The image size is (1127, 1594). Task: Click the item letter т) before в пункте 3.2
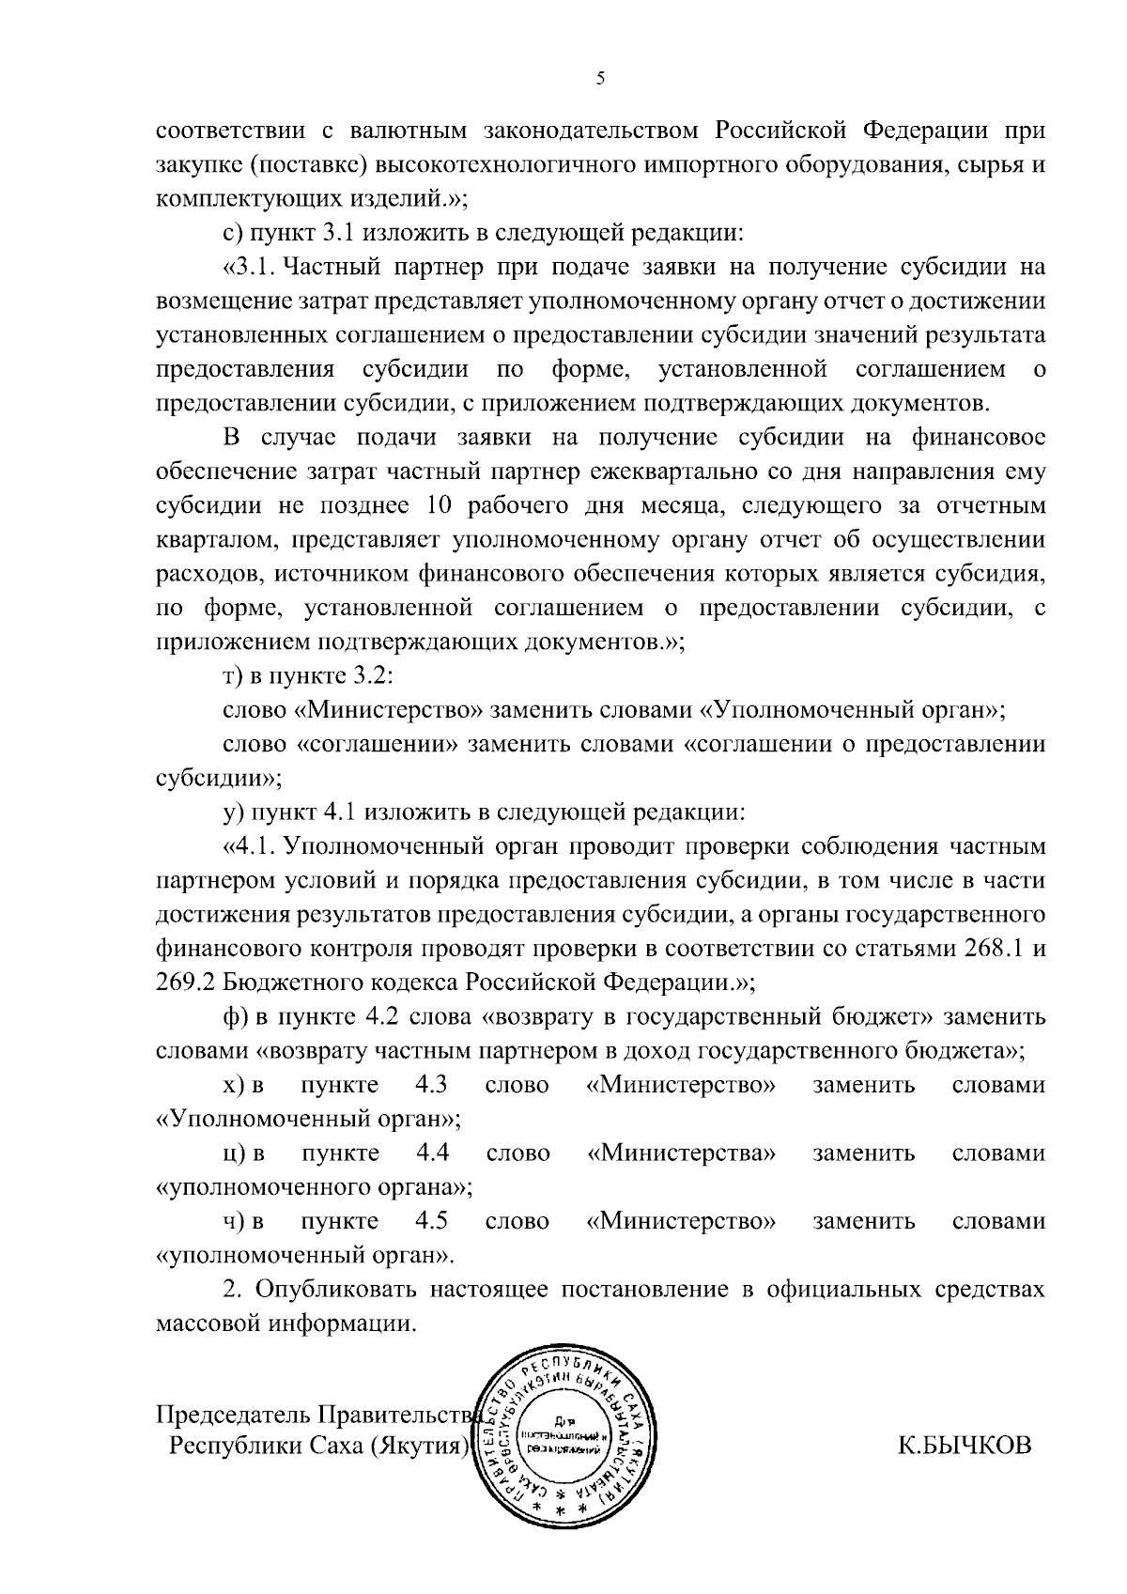tap(232, 676)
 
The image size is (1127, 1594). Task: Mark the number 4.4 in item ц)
tap(432, 1153)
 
